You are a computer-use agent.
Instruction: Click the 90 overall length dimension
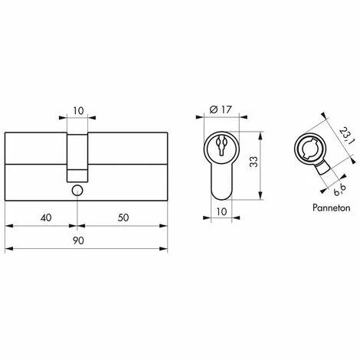point(78,241)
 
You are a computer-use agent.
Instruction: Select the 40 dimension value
point(46,218)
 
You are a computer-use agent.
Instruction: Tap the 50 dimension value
point(123,218)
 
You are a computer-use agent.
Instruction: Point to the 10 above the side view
point(78,111)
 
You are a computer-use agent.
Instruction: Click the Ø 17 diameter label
point(221,110)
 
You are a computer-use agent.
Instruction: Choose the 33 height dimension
point(254,162)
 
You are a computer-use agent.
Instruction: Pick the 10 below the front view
point(221,211)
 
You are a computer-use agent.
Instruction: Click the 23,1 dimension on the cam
point(345,136)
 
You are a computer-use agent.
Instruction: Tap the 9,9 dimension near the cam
point(340,190)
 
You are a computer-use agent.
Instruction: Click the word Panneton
point(332,208)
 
